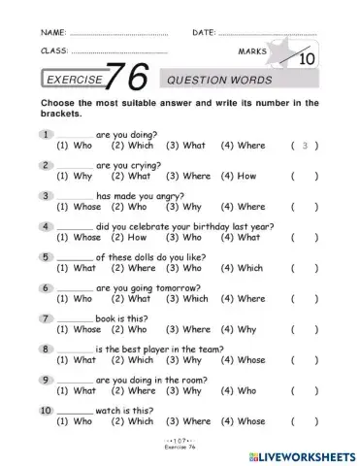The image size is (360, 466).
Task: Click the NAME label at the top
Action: (52, 32)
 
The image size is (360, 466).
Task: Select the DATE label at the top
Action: (203, 32)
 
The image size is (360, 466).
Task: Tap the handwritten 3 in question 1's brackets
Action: (305, 146)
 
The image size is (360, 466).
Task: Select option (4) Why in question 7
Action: (242, 329)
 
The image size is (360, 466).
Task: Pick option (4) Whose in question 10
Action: (244, 421)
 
